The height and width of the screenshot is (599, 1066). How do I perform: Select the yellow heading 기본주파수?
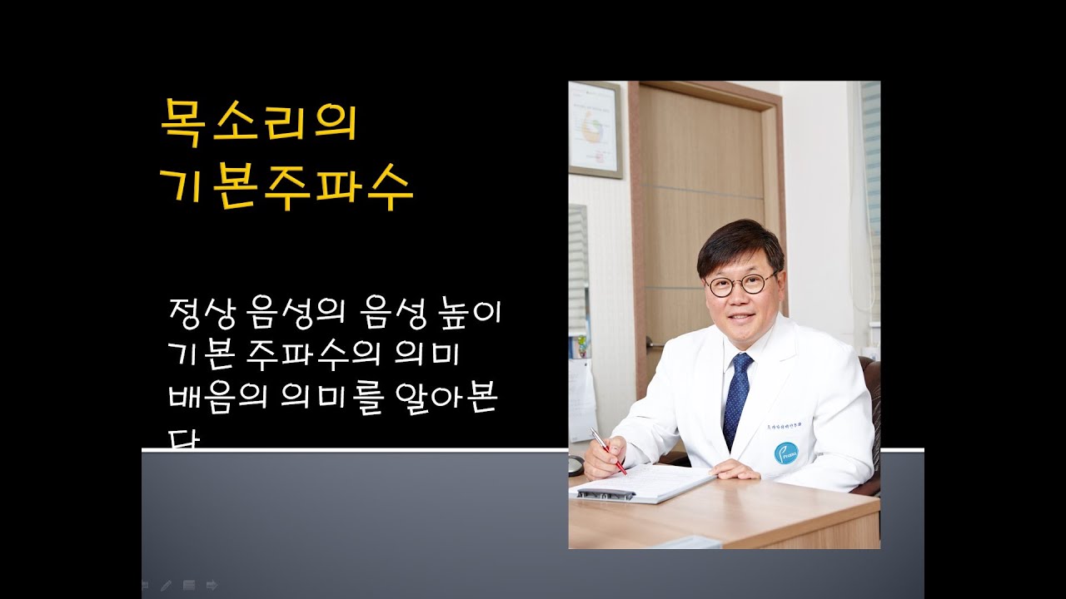coord(286,189)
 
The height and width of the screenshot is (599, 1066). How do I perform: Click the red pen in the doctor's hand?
coord(609,451)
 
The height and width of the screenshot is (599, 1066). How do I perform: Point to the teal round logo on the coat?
coord(785,453)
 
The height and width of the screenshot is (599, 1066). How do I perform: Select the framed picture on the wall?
coord(594,129)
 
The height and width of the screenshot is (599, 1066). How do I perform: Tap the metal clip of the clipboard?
coord(605,493)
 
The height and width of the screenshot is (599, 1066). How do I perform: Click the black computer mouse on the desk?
coord(575,466)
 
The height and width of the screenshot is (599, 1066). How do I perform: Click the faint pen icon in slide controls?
coord(167,585)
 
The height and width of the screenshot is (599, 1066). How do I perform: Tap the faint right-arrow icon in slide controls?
coord(212,585)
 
